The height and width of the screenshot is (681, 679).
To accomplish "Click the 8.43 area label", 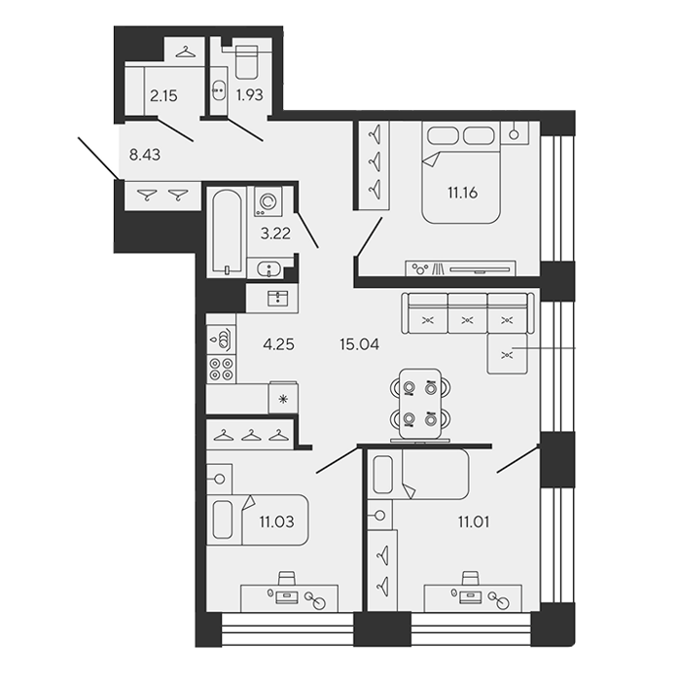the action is (145, 155).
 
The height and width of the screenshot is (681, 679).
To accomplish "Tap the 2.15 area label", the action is (163, 95).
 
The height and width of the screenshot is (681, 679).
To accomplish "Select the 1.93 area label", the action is (250, 94).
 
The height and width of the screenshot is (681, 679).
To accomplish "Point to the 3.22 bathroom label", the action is (275, 233).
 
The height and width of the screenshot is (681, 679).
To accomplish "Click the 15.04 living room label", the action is (360, 344).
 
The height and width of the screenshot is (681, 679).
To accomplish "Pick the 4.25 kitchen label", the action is (278, 344).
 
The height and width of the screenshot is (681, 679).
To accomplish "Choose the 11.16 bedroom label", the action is (462, 192).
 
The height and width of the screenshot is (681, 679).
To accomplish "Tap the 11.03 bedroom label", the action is (276, 521).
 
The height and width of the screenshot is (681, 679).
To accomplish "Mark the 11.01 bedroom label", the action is (474, 521).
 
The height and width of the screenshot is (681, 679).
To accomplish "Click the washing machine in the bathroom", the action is (268, 201).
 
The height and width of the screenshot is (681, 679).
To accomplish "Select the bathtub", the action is (227, 232).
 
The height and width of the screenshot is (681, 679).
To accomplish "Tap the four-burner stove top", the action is (222, 369).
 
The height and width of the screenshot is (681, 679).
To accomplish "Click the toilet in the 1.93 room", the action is (246, 62).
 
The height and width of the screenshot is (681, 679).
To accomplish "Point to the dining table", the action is (420, 404).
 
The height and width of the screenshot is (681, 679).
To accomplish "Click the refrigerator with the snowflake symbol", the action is (283, 397).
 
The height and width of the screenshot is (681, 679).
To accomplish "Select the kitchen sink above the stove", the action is (222, 340).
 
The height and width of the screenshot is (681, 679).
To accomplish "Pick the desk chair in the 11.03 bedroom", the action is (287, 579).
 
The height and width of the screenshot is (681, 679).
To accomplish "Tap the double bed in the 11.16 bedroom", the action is (461, 172).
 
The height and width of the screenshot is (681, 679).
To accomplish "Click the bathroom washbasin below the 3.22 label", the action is (269, 269).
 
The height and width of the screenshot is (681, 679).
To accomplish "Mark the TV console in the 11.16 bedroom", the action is (461, 269).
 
